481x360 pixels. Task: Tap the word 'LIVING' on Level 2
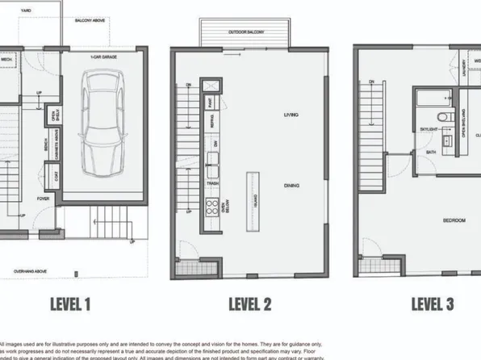[291, 115]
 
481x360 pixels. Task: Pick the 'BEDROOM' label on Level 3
[455, 220]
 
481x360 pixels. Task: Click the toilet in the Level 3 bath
[441, 117]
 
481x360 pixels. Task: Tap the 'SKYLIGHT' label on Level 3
[429, 127]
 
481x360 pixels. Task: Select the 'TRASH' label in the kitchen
[212, 183]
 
